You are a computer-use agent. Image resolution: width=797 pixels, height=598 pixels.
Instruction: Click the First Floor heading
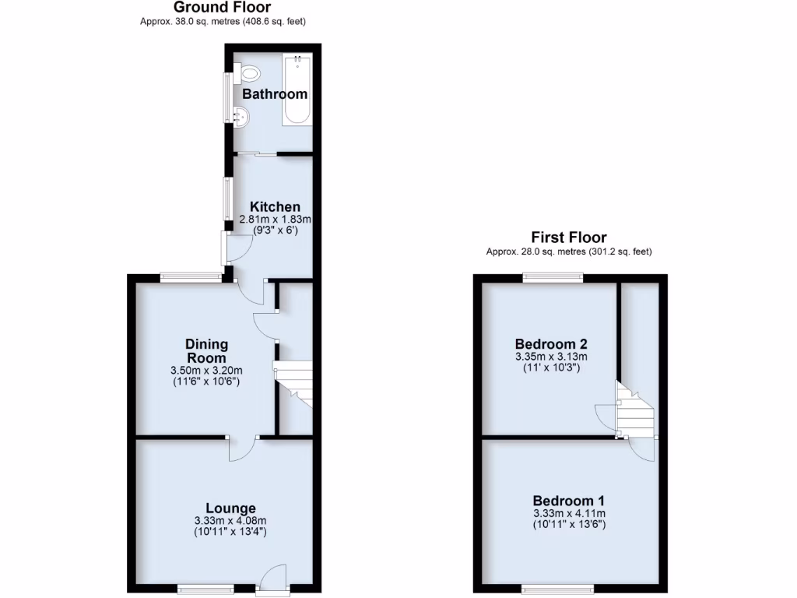coord(568,237)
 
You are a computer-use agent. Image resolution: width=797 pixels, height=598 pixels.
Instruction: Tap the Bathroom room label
coord(275,94)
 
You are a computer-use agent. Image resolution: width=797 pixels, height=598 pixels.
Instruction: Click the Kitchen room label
coord(275,207)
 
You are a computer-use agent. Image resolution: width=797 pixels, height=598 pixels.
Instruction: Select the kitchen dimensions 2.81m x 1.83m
coord(275,219)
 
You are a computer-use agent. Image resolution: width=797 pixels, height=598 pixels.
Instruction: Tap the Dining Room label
coord(206,350)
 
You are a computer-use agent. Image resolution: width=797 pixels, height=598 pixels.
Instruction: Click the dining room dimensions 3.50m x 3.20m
coord(206,370)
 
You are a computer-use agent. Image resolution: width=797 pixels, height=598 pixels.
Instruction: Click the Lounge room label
coord(225,508)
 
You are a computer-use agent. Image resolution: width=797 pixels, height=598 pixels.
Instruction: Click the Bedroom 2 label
coord(551,344)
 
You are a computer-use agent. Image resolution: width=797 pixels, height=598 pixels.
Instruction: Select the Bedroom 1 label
coord(568,501)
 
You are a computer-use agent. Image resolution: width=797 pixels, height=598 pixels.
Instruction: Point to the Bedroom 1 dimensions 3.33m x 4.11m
coord(568,513)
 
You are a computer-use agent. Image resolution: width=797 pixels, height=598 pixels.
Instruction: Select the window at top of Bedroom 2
coord(553,276)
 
